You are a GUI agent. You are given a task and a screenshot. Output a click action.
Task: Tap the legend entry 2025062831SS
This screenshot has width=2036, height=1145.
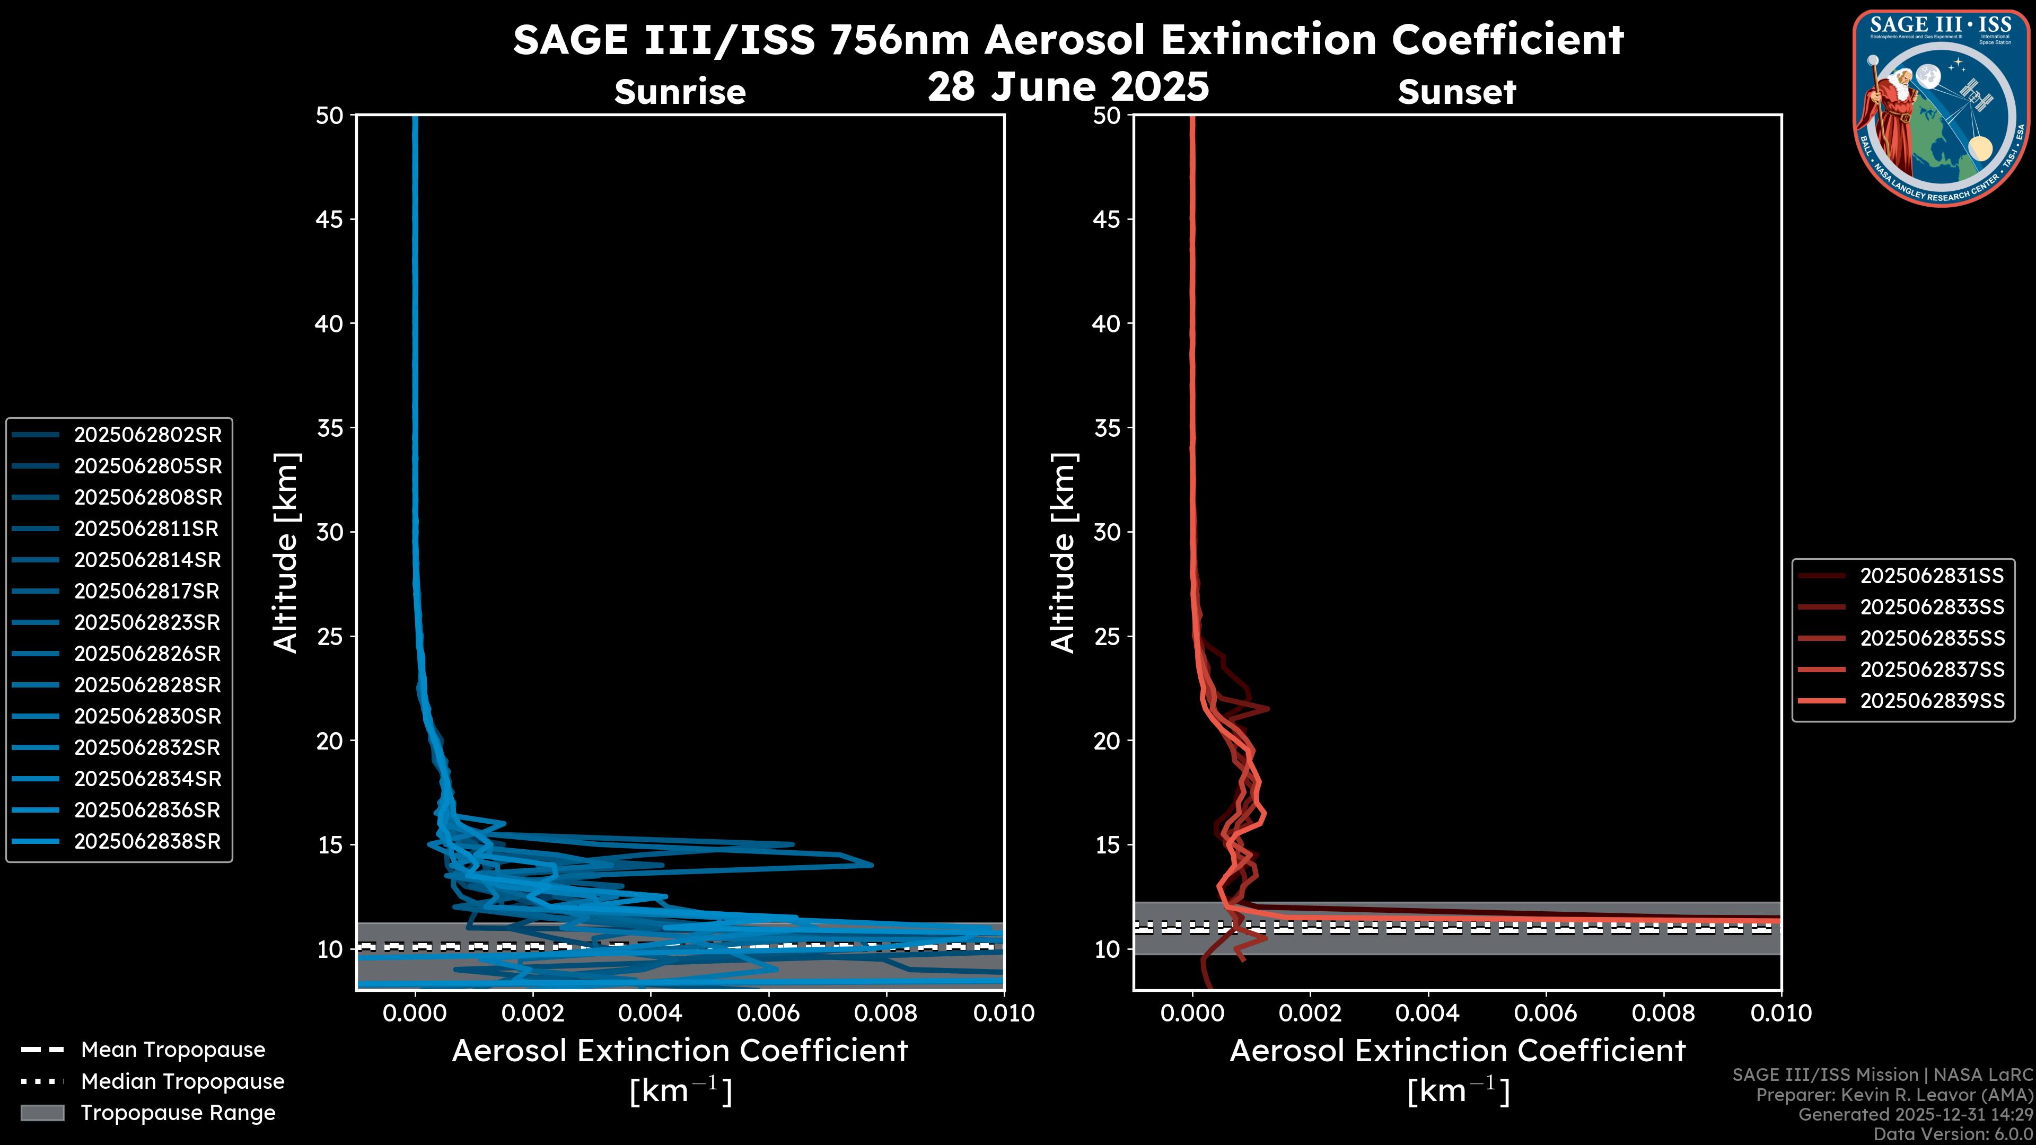(x=1932, y=576)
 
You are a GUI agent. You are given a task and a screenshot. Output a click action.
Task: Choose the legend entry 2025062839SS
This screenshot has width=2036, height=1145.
(x=1932, y=701)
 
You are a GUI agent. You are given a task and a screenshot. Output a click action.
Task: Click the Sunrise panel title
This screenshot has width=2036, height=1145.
(x=680, y=92)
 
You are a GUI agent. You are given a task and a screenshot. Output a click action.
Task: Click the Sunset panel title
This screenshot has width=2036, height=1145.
(x=1456, y=92)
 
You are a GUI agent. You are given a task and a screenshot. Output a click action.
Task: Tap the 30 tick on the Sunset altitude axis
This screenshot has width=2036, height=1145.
(x=1107, y=532)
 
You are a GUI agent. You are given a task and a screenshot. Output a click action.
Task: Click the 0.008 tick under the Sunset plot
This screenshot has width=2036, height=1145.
(x=1664, y=1013)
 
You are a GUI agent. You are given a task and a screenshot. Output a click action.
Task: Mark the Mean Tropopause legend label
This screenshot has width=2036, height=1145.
(x=173, y=1050)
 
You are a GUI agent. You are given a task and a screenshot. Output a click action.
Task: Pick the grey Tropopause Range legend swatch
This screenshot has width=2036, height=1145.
(x=42, y=1113)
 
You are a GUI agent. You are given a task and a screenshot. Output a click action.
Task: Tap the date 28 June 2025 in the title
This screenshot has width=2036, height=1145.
(x=1068, y=87)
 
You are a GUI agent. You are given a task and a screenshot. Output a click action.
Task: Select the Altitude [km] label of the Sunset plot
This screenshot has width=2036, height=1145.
(x=1063, y=553)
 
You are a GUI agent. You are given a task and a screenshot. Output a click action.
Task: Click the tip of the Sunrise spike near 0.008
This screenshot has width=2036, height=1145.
(x=872, y=865)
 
